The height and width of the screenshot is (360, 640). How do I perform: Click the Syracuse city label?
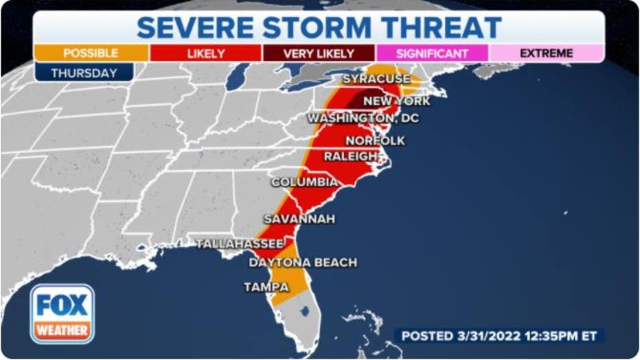376,80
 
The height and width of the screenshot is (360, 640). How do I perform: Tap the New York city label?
396,102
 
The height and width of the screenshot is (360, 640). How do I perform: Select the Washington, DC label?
363,119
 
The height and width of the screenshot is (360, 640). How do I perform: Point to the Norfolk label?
375,141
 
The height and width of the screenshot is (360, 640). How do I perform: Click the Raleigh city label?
350,157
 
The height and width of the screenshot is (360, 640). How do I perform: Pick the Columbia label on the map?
304,183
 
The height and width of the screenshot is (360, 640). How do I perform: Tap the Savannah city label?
299,219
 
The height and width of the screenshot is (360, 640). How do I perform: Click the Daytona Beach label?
302,263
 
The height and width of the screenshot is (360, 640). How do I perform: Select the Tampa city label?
266,287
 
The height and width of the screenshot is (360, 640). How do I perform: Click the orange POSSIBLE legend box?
90,53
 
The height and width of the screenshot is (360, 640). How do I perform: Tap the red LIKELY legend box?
205,53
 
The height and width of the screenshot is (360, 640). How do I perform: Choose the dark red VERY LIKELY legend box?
319,53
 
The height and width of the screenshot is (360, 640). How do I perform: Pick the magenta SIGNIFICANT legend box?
433,53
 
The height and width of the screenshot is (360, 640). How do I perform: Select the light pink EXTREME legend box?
547,53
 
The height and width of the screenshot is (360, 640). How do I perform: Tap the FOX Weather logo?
62,313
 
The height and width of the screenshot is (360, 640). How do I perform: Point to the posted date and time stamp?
499,336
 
